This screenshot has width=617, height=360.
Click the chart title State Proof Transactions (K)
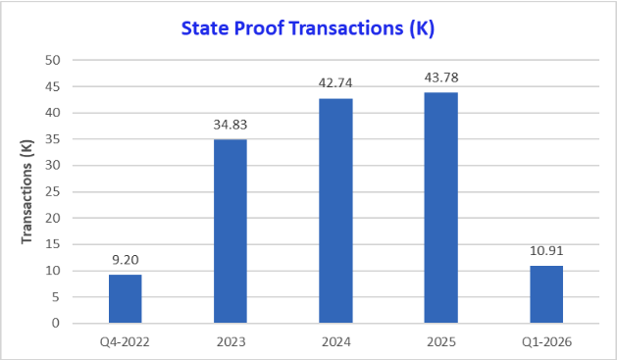tap(308, 28)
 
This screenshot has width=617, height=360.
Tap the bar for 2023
tap(230, 231)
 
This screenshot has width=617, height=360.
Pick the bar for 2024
tap(335, 211)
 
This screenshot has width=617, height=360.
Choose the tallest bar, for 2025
tap(440, 208)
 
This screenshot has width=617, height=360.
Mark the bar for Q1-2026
tap(546, 294)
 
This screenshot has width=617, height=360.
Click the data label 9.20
tap(125, 262)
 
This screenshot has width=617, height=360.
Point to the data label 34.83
tap(230, 127)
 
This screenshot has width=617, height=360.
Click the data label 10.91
tap(546, 252)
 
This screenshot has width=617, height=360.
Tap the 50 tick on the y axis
tap(54, 61)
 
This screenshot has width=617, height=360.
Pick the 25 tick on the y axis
tap(54, 192)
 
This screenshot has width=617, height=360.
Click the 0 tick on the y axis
tap(57, 324)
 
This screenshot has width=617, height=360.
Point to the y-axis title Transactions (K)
tap(26, 191)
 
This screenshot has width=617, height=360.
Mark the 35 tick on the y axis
tap(54, 139)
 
